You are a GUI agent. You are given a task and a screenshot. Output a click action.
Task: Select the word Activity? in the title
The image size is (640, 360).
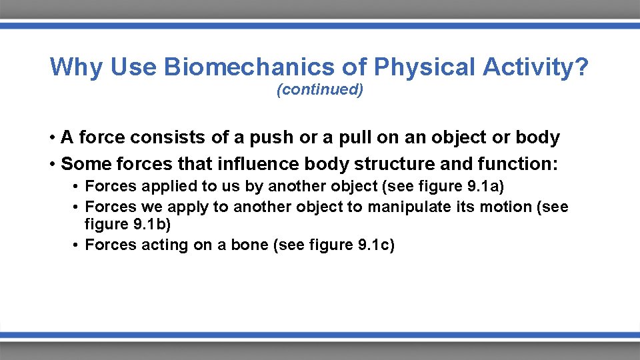(536, 67)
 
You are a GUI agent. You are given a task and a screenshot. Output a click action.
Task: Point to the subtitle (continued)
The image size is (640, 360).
(320, 90)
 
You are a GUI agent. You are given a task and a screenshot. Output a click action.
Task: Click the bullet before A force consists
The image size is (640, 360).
(51, 138)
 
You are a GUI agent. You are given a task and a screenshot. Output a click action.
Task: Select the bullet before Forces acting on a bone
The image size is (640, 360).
(77, 245)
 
